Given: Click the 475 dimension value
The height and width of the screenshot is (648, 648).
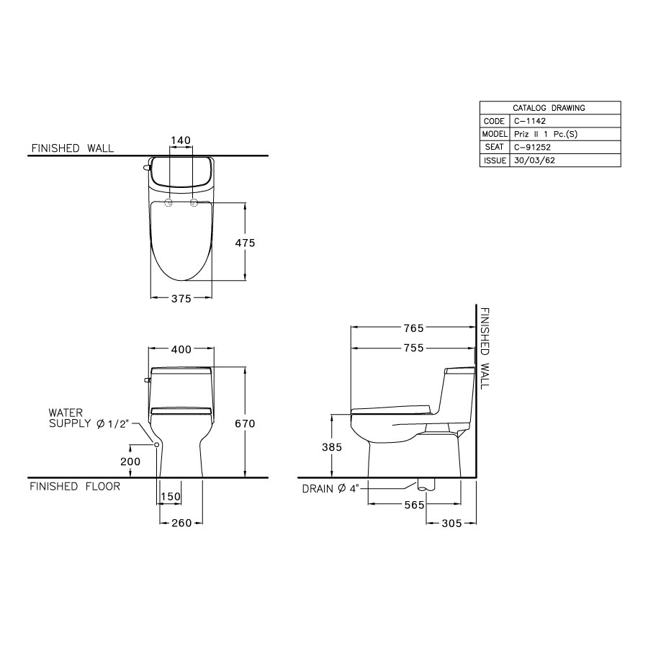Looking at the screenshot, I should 246,243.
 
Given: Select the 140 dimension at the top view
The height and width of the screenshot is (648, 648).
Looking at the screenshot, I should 181,140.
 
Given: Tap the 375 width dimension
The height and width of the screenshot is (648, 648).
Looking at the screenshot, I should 181,299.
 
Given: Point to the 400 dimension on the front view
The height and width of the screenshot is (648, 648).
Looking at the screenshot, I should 181,349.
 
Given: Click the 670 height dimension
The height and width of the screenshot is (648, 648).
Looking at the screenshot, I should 246,424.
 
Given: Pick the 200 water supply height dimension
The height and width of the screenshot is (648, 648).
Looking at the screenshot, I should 130,461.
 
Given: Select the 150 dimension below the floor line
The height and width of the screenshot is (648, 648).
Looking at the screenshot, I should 171,497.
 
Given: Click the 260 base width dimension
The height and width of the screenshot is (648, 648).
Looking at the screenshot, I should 181,523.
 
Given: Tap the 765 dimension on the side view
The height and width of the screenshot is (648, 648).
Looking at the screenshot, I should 413,328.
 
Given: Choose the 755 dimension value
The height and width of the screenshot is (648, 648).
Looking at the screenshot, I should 413,348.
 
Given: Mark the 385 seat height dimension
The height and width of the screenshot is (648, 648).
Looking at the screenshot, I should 332,446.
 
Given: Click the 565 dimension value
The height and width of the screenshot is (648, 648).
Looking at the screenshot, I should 415,505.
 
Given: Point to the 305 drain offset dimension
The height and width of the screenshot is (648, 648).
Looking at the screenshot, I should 451,523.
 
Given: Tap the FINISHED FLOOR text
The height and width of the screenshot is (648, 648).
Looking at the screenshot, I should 74,486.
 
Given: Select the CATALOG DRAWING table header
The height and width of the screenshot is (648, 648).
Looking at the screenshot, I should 549,107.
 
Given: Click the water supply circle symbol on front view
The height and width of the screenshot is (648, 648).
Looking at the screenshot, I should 157,445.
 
